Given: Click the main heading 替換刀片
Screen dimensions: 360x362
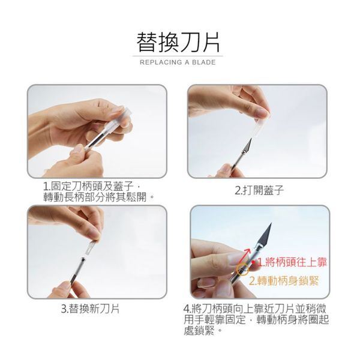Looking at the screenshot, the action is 178,42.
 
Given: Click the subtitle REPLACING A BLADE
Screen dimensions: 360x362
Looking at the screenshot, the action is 178,62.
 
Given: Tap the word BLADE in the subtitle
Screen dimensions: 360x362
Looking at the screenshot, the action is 204,62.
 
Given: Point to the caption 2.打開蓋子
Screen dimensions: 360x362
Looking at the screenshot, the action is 259,190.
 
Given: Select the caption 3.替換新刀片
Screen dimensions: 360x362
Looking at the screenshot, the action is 91,309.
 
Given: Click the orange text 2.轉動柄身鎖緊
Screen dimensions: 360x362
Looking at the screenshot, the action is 284,281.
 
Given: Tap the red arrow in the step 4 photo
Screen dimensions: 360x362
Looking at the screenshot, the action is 245,256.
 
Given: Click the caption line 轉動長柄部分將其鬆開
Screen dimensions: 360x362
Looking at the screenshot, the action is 98,197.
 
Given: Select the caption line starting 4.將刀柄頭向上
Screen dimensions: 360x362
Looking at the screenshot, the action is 255,309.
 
